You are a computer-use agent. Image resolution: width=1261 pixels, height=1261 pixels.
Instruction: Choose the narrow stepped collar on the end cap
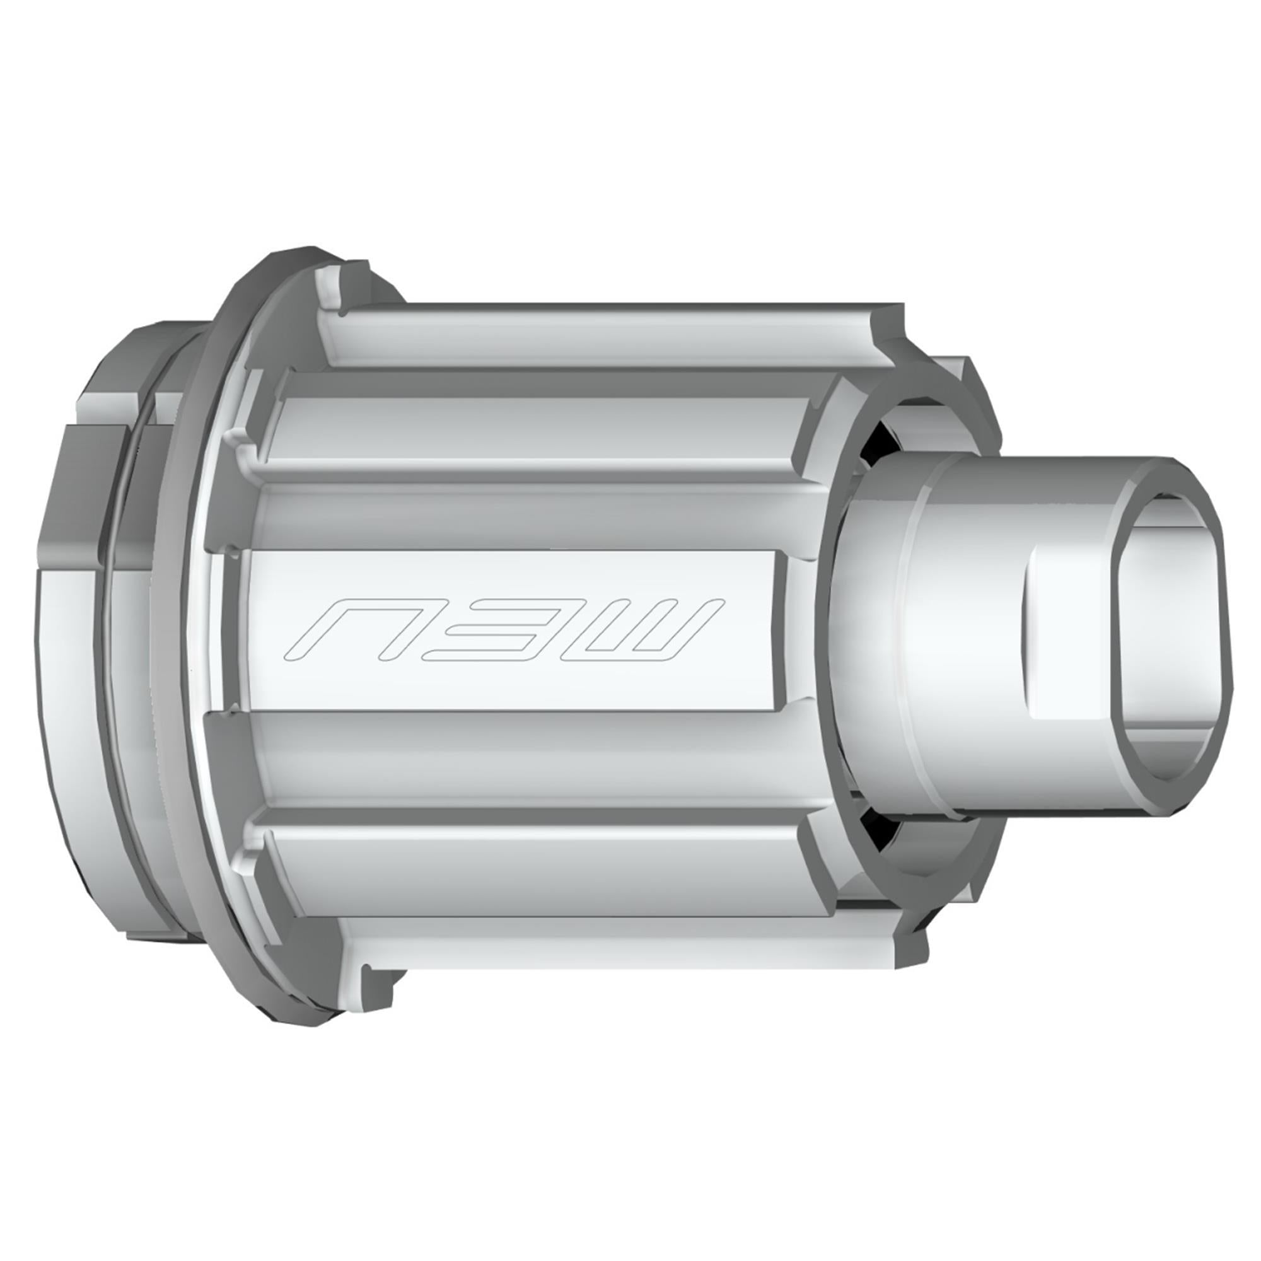coord(914,627)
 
